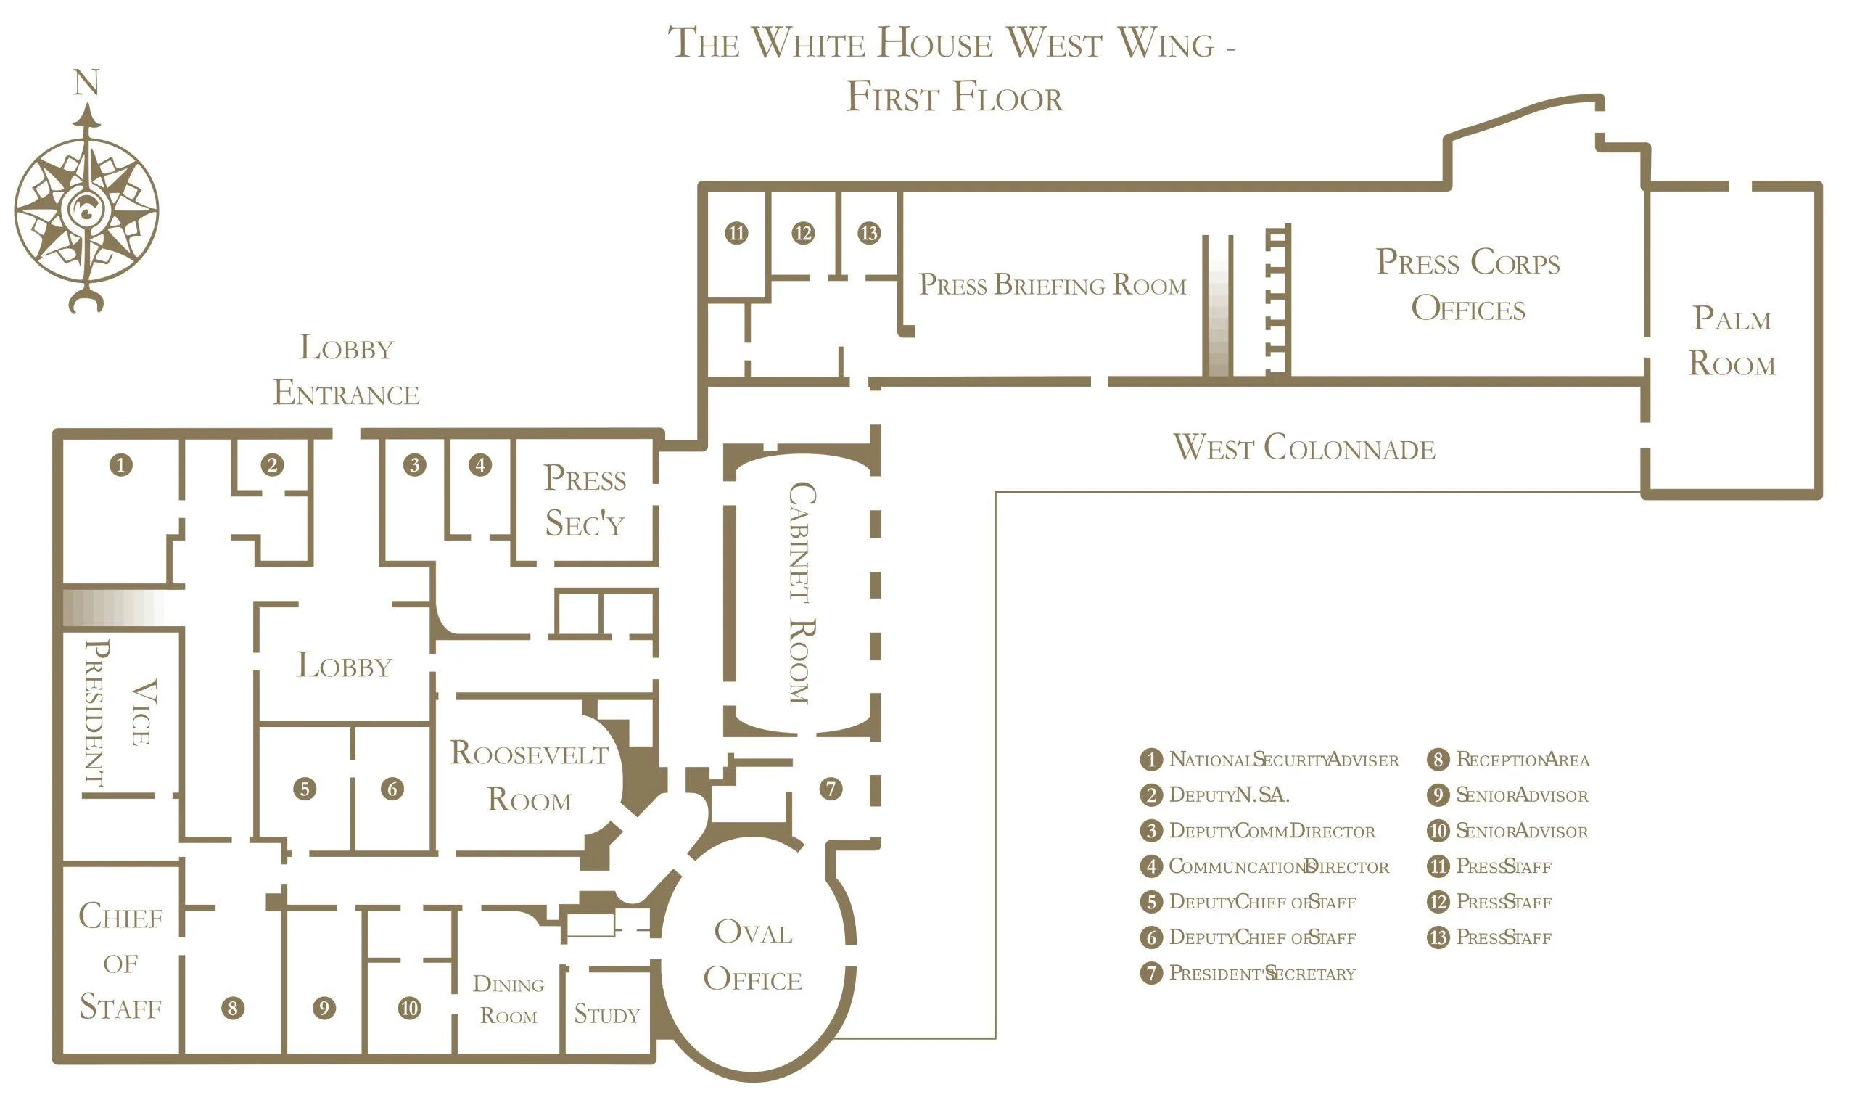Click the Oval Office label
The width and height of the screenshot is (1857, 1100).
(x=753, y=956)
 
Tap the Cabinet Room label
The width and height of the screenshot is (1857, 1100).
(x=802, y=593)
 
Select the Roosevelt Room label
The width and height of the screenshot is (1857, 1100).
(x=529, y=776)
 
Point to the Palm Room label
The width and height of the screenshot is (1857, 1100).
(x=1732, y=341)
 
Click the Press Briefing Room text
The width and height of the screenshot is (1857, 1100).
(x=1053, y=284)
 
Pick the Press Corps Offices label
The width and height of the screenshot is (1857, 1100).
(x=1468, y=284)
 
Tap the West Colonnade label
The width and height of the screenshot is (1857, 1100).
(x=1304, y=448)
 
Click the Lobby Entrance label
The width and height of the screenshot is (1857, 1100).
(x=346, y=370)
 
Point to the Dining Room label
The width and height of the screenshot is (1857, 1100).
(x=508, y=1000)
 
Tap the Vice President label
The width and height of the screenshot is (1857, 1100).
(x=120, y=713)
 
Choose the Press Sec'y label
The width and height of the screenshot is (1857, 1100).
(x=585, y=501)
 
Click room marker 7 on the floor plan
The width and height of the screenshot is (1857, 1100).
(x=831, y=789)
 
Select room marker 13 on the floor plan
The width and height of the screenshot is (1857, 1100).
(x=868, y=233)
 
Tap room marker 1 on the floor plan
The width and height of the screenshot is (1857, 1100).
(x=121, y=465)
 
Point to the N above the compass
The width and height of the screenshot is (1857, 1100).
(x=86, y=82)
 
